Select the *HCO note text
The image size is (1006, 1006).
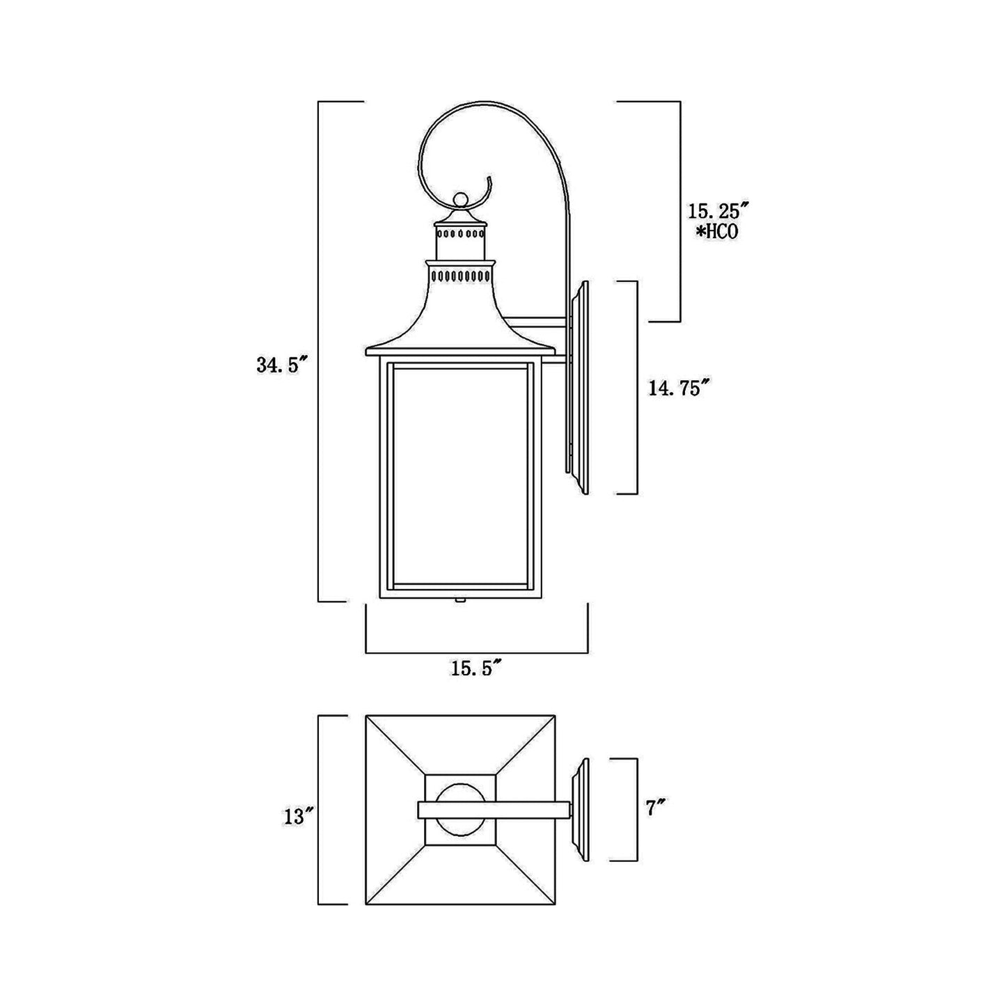[715, 232]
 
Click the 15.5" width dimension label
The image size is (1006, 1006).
[477, 669]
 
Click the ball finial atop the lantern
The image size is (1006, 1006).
[459, 201]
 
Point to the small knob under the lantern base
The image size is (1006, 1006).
[459, 600]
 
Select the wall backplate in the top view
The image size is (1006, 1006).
[581, 808]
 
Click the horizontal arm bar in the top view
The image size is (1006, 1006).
[494, 809]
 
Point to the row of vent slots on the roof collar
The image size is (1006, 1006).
[460, 276]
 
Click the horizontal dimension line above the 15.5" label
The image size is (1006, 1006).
[477, 653]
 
